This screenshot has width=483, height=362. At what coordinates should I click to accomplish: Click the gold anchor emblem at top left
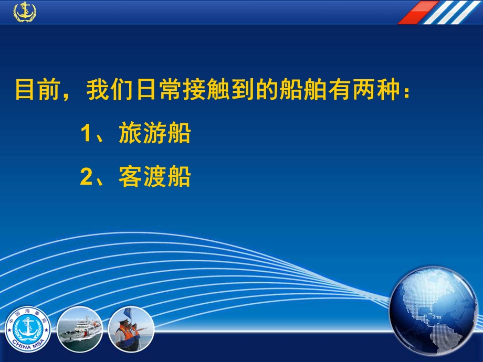(24, 11)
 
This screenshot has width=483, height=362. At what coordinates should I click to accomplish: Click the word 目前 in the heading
(32, 90)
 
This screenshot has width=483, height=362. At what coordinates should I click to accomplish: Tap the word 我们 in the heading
(104, 90)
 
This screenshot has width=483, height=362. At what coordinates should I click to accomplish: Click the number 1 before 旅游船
(87, 134)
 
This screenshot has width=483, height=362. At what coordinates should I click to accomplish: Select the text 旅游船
(155, 134)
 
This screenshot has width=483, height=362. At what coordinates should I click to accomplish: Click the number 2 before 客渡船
(87, 177)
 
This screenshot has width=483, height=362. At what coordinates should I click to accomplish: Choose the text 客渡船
(155, 177)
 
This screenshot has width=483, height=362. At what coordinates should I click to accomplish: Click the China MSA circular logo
(28, 329)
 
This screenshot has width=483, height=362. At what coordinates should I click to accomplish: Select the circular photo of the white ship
(79, 329)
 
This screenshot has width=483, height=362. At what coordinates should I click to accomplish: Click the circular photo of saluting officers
(131, 329)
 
